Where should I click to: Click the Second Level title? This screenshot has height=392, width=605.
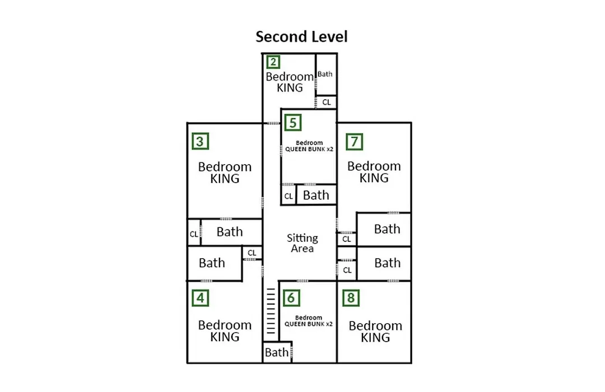click(301, 36)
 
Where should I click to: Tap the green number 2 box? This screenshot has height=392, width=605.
click(273, 62)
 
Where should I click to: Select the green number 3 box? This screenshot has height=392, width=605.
click(200, 141)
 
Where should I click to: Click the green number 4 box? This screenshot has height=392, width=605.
click(200, 298)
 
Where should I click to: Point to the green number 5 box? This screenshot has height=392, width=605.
click(293, 123)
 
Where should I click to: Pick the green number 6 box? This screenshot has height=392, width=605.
click(291, 298)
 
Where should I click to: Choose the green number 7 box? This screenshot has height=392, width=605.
click(354, 142)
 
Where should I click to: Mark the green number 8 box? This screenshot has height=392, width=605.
click(351, 298)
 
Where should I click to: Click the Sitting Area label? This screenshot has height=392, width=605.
click(302, 243)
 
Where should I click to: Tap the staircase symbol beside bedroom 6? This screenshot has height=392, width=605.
click(271, 311)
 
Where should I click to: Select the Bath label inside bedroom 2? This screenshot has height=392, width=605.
click(325, 74)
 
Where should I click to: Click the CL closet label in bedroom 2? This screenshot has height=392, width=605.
click(327, 102)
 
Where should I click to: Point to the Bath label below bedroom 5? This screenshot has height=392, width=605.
click(316, 195)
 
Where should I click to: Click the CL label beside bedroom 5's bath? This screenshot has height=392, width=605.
click(288, 196)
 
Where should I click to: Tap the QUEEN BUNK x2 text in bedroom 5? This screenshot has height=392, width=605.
click(309, 149)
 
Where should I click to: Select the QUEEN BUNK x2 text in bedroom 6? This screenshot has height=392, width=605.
click(308, 324)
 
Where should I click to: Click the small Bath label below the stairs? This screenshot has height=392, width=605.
click(277, 352)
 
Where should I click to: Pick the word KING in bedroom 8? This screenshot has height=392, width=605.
click(375, 338)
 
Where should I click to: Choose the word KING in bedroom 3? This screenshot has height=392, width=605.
click(225, 179)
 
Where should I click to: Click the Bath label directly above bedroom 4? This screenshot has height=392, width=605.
click(212, 263)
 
